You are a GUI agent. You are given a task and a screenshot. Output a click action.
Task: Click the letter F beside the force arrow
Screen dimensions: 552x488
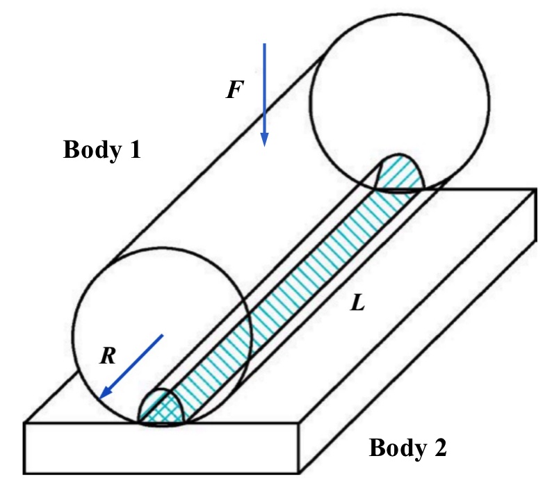click(235, 90)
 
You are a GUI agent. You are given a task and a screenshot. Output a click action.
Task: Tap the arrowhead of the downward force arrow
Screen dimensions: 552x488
click(264, 140)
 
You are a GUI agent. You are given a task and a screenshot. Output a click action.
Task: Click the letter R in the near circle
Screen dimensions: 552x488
click(108, 356)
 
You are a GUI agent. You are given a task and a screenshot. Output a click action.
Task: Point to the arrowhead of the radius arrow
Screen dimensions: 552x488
click(105, 392)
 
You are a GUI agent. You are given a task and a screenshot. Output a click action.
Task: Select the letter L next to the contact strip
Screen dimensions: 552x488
click(357, 302)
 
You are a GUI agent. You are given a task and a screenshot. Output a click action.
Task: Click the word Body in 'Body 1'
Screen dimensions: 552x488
click(92, 150)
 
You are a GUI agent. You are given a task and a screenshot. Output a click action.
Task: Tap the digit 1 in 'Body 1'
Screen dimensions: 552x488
click(135, 149)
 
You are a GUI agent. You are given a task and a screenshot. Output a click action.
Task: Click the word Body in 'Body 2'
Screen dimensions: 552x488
click(398, 448)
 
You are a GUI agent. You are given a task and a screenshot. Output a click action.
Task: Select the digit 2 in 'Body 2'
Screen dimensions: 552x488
click(440, 448)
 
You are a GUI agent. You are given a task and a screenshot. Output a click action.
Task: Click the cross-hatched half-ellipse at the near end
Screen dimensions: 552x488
click(161, 407)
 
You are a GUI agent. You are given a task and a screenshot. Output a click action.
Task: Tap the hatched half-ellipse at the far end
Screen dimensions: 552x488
click(400, 172)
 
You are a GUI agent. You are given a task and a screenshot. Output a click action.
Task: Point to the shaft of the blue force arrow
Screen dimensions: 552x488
click(264, 88)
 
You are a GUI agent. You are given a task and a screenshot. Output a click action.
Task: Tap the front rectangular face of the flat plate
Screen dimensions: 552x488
click(161, 448)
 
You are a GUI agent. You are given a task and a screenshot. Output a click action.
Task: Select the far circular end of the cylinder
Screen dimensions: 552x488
click(400, 102)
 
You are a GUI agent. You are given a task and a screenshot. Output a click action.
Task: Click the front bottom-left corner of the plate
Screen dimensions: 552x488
click(24, 473)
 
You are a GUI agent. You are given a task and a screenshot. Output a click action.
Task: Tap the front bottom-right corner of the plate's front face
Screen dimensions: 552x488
click(299, 473)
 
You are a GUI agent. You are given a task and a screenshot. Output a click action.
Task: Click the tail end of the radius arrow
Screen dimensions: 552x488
click(163, 335)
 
